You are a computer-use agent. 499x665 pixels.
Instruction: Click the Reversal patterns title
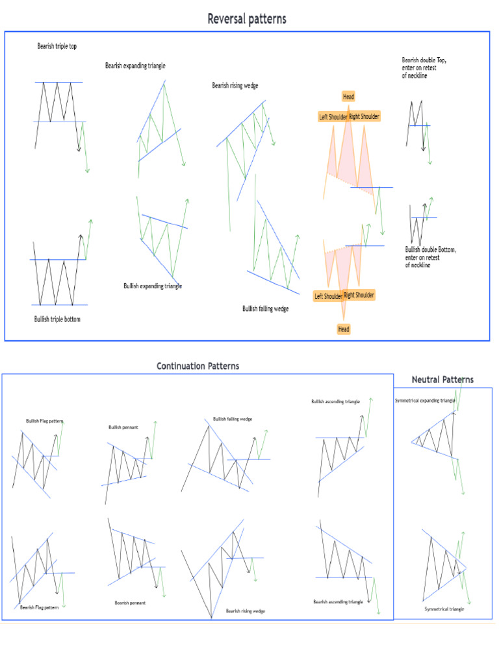click(x=246, y=19)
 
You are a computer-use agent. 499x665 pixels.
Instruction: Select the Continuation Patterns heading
click(x=198, y=366)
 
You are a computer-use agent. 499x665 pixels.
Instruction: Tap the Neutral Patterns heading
click(x=442, y=379)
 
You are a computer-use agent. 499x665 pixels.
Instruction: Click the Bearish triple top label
click(x=57, y=46)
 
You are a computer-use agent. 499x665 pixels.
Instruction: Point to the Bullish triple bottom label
click(x=57, y=319)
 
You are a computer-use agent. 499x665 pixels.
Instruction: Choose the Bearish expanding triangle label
click(x=135, y=66)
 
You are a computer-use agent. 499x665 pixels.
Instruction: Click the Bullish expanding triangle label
click(x=153, y=286)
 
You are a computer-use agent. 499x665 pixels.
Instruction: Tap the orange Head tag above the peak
click(x=348, y=97)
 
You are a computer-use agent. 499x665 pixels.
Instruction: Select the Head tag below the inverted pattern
click(x=344, y=329)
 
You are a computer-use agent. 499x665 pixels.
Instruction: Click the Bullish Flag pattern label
click(x=45, y=421)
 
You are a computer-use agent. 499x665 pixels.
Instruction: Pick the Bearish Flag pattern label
click(x=40, y=607)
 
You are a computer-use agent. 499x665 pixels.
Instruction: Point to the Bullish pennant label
click(x=123, y=427)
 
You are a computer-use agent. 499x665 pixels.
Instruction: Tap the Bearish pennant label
click(x=130, y=603)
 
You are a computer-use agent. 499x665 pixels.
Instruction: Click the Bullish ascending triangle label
click(x=336, y=401)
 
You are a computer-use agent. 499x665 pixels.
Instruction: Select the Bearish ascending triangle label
click(x=338, y=601)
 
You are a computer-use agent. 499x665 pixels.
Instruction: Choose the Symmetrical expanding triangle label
click(x=425, y=400)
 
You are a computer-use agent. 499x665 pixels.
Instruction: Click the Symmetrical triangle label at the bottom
click(x=444, y=609)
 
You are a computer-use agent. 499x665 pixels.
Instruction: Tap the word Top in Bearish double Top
click(x=441, y=60)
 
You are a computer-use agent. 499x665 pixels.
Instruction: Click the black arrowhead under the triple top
click(x=79, y=149)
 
